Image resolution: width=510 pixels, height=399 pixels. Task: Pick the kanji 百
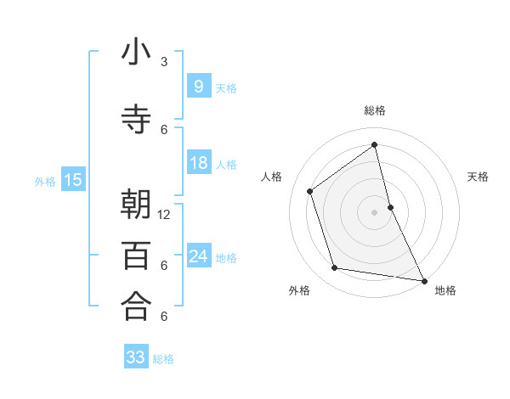(136, 256)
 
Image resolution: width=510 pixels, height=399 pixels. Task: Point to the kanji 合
(136, 306)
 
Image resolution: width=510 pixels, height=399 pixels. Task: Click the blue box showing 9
(198, 86)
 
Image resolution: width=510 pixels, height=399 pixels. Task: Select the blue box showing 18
(198, 163)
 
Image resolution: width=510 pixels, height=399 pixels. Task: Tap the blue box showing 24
(198, 256)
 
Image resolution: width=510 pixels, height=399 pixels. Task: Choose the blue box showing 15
(73, 179)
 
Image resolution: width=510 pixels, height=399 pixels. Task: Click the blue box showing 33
(136, 357)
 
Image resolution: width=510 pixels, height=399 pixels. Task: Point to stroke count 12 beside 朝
(165, 215)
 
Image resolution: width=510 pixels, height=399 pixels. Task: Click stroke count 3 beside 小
(165, 62)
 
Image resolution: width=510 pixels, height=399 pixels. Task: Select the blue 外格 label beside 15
(45, 181)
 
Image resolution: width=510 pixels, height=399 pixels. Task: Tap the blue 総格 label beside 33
(163, 359)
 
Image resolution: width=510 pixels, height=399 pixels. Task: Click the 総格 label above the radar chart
(375, 110)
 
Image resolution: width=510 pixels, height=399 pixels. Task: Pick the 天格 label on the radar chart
(479, 177)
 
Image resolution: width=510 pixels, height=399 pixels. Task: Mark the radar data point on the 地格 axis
(423, 280)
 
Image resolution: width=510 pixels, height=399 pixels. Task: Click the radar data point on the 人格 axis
(309, 191)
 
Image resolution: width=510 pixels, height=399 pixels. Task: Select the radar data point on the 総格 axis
(375, 145)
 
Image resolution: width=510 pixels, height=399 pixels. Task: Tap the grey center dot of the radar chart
(375, 211)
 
